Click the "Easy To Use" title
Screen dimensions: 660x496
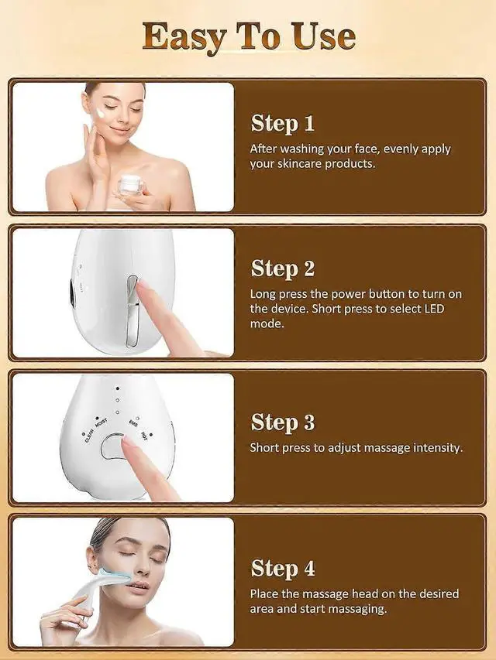click(248, 36)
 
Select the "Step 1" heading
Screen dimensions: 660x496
click(282, 124)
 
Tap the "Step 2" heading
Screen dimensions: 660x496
click(282, 268)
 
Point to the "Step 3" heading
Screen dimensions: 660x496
click(282, 422)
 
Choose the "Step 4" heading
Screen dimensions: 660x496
click(282, 568)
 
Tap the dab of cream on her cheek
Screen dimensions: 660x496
click(101, 113)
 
